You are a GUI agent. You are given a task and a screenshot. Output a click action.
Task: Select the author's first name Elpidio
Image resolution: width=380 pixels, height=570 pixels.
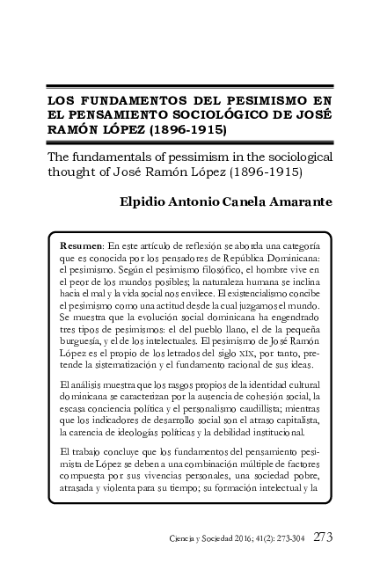coord(146,202)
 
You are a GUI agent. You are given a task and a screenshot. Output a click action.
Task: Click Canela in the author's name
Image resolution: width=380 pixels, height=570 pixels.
coord(232,202)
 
